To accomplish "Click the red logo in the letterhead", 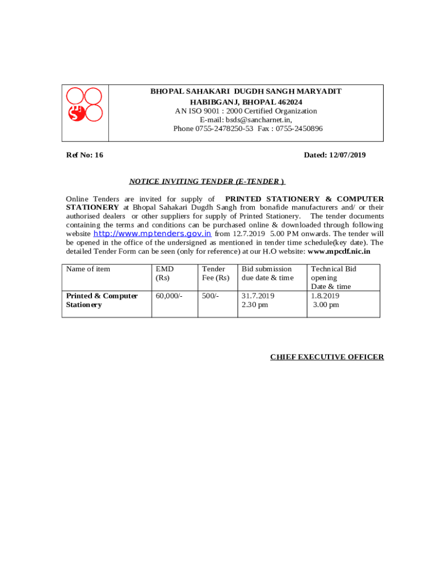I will coord(85,105).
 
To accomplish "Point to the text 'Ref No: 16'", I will coord(85,155).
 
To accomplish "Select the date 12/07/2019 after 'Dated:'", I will coord(347,155).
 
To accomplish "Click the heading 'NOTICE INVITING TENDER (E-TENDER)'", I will coord(207,182).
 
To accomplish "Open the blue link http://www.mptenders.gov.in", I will coord(152,233).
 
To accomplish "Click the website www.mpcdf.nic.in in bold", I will coord(339,251).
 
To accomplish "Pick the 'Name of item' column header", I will coord(88,269).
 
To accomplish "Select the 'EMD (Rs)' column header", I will coord(165,273).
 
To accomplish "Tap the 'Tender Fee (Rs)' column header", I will coord(216,273).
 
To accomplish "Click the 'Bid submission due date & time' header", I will coord(267,273).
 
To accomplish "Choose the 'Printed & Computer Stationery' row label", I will coord(102,300).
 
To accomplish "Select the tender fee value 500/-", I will coord(211,296).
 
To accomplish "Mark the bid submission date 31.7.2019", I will coord(258,296).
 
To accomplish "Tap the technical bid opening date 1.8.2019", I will coord(325,296).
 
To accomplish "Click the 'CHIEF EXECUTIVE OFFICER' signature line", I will coord(327,357).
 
